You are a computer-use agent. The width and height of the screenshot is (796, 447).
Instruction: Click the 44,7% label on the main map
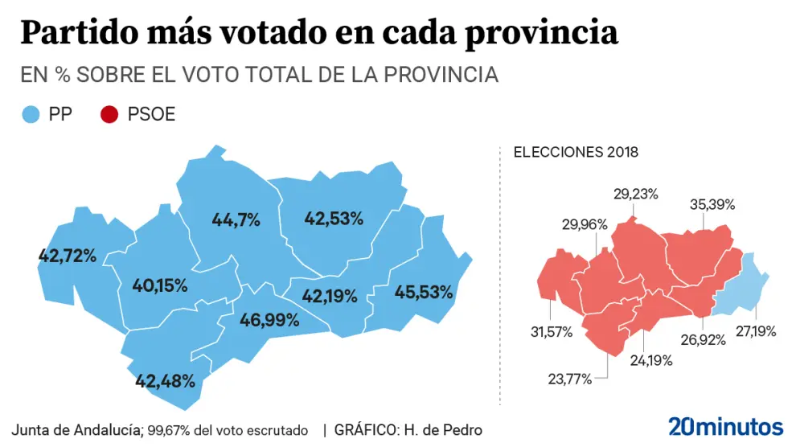point(236,219)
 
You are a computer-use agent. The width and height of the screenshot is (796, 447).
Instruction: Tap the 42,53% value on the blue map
point(334,217)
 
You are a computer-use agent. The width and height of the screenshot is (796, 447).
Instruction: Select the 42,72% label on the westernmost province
point(68,256)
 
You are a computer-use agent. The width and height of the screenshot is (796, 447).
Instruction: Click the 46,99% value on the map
point(269,320)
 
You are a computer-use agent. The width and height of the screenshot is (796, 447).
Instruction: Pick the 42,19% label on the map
point(330,296)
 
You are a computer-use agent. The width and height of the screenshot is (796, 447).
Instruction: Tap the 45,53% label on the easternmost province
point(424,292)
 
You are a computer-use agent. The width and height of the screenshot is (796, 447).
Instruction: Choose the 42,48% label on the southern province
point(166,380)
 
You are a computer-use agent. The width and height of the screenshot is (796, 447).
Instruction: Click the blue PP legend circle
point(31,115)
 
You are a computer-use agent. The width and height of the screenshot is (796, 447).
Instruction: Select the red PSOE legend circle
point(109,115)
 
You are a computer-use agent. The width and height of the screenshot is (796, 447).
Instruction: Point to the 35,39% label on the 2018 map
point(712,204)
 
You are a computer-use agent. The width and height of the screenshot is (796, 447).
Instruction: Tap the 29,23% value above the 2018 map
point(636,194)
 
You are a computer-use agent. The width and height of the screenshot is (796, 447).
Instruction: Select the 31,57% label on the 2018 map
point(550,332)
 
